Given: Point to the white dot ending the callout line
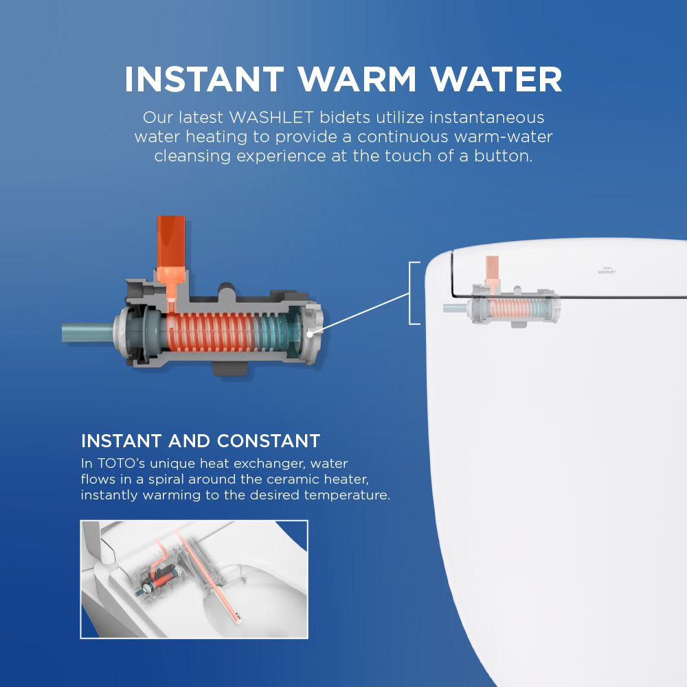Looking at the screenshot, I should (x=311, y=334).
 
